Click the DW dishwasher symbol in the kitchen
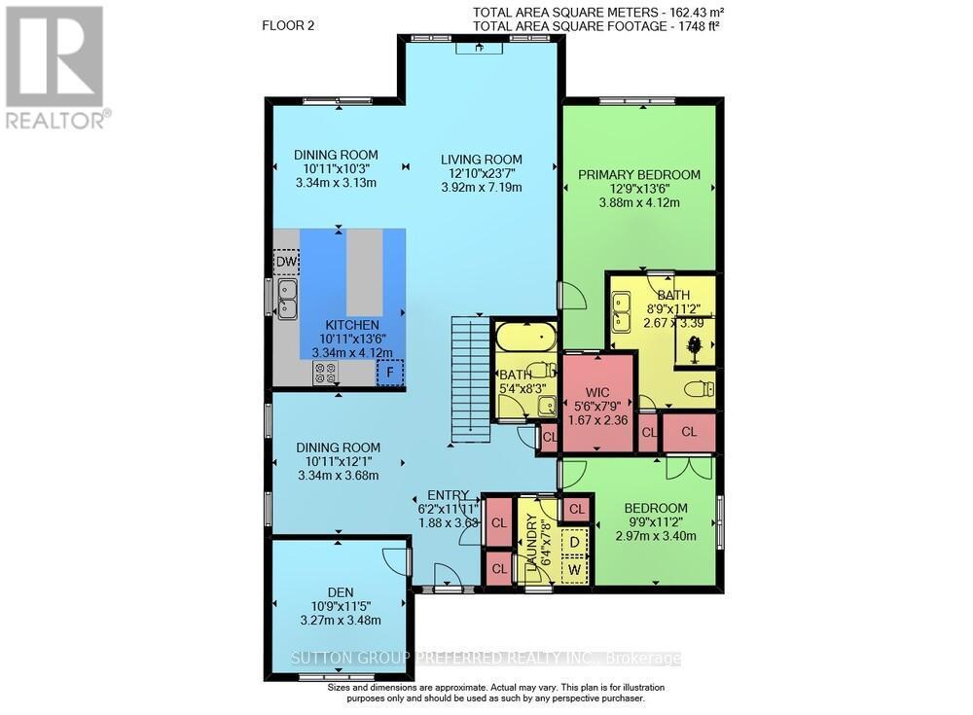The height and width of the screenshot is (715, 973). [x=286, y=263]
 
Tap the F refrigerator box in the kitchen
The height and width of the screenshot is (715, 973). [x=389, y=372]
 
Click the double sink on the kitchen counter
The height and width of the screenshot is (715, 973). [x=286, y=299]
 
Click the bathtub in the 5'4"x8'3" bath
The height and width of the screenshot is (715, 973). [x=524, y=340]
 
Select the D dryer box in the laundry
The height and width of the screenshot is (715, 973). [x=574, y=541]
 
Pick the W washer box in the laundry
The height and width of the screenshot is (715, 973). [x=574, y=568]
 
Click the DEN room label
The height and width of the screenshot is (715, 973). [x=341, y=591]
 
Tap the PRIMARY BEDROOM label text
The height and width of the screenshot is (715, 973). [x=639, y=174]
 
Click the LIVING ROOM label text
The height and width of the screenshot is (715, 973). [x=481, y=160]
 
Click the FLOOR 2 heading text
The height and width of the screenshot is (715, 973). [x=289, y=24]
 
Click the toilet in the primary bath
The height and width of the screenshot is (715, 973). [x=697, y=389]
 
